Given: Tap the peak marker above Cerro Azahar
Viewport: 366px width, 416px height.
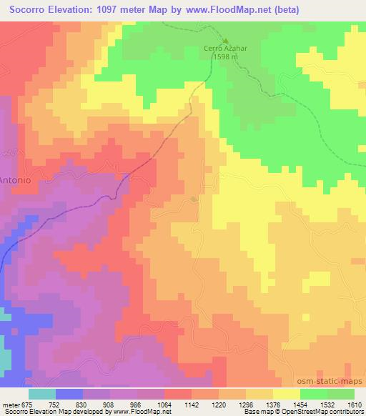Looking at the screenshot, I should [x=225, y=41].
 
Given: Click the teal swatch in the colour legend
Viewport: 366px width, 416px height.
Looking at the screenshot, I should [x=42, y=394].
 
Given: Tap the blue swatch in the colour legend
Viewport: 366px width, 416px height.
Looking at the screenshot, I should [x=70, y=394].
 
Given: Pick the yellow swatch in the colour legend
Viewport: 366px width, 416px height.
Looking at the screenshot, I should [x=286, y=394].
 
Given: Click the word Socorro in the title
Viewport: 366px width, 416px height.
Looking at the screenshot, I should [x=29, y=9].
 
